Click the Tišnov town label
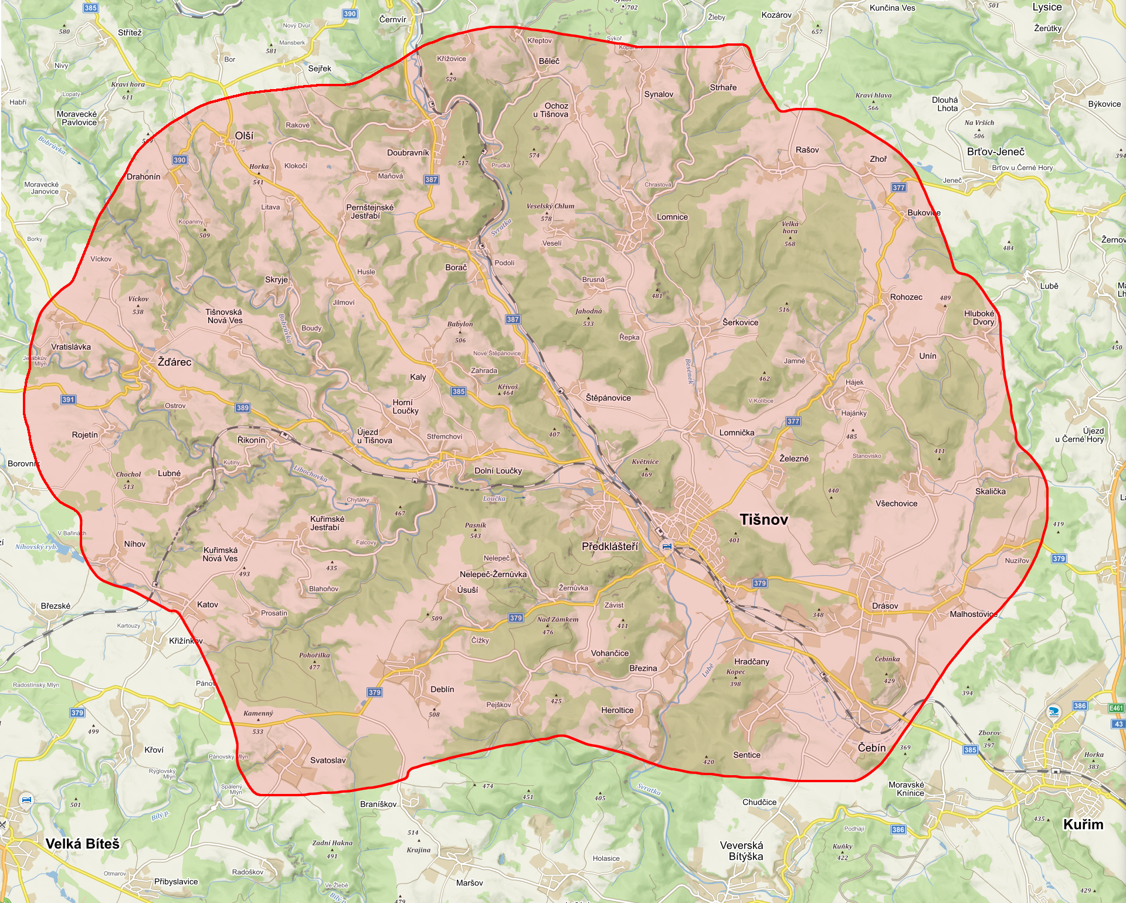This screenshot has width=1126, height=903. pyautogui.click(x=764, y=520)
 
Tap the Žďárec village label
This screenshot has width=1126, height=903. pyautogui.click(x=174, y=362)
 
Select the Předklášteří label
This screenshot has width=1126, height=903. pyautogui.click(x=609, y=546)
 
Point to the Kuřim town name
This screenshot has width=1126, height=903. pyautogui.click(x=1083, y=824)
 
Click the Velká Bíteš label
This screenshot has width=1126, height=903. pyautogui.click(x=83, y=844)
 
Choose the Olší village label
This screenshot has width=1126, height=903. pyautogui.click(x=244, y=135)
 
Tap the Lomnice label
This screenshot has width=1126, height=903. pyautogui.click(x=672, y=217)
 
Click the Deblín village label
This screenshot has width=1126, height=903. pyautogui.click(x=442, y=690)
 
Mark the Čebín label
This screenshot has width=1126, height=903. pyautogui.click(x=871, y=748)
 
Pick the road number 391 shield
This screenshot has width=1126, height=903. pyautogui.click(x=68, y=400)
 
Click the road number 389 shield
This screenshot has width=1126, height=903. pyautogui.click(x=242, y=408)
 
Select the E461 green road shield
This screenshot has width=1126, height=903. pyautogui.click(x=1116, y=708)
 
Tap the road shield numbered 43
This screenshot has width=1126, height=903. pyautogui.click(x=1118, y=724)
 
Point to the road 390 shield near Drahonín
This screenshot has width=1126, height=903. pyautogui.click(x=179, y=160)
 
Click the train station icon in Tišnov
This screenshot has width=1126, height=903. pyautogui.click(x=667, y=546)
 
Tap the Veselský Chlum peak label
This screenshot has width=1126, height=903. pyautogui.click(x=550, y=206)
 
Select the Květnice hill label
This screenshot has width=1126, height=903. pyautogui.click(x=645, y=461)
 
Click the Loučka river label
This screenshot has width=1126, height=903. pyautogui.click(x=494, y=498)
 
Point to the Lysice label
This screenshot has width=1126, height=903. pyautogui.click(x=1047, y=7)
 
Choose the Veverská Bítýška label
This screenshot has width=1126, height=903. pyautogui.click(x=742, y=851)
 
